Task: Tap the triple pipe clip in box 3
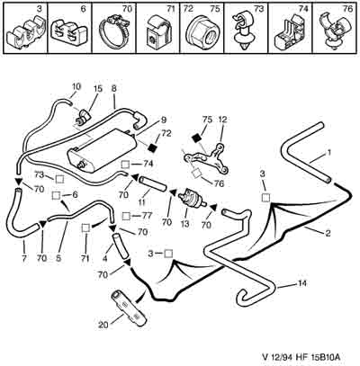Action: (25, 33)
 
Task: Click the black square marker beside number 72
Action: (153, 147)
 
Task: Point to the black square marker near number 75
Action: (196, 138)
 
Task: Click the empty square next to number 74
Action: (126, 165)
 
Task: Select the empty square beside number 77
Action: (127, 216)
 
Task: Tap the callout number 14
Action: (302, 283)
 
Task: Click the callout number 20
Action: (103, 325)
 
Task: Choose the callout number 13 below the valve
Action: (185, 223)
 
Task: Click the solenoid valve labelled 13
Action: (192, 199)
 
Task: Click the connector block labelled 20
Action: (129, 308)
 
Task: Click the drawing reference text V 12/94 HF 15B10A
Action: (301, 357)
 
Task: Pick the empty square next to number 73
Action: (59, 179)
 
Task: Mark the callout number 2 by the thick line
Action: (328, 233)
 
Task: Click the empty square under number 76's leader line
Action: (197, 173)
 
